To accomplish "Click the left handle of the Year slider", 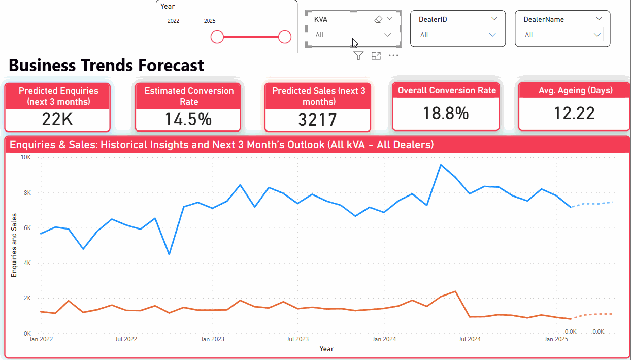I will click(x=217, y=37).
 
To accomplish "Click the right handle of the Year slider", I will click(x=285, y=37).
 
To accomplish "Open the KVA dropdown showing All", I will click(x=353, y=35).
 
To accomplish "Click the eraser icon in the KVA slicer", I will click(x=378, y=19).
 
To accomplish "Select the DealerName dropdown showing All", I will click(x=562, y=35).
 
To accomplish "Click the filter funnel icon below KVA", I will click(x=358, y=56).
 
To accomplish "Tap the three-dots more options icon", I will click(x=393, y=56).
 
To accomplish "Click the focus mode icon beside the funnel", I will click(x=376, y=56).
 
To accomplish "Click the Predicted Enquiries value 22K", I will click(x=57, y=120).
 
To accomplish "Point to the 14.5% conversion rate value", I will click(x=188, y=120).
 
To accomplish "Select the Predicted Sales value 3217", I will click(x=317, y=120).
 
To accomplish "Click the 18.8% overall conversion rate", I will click(x=446, y=113).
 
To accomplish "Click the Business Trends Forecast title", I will click(x=107, y=66).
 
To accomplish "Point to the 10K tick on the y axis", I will click(x=25, y=158).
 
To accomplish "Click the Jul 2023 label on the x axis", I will click(x=297, y=339).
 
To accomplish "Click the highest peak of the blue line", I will click(x=441, y=165).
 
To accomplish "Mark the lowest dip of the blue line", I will click(x=169, y=254).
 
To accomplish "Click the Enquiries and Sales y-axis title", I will click(x=14, y=245).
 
